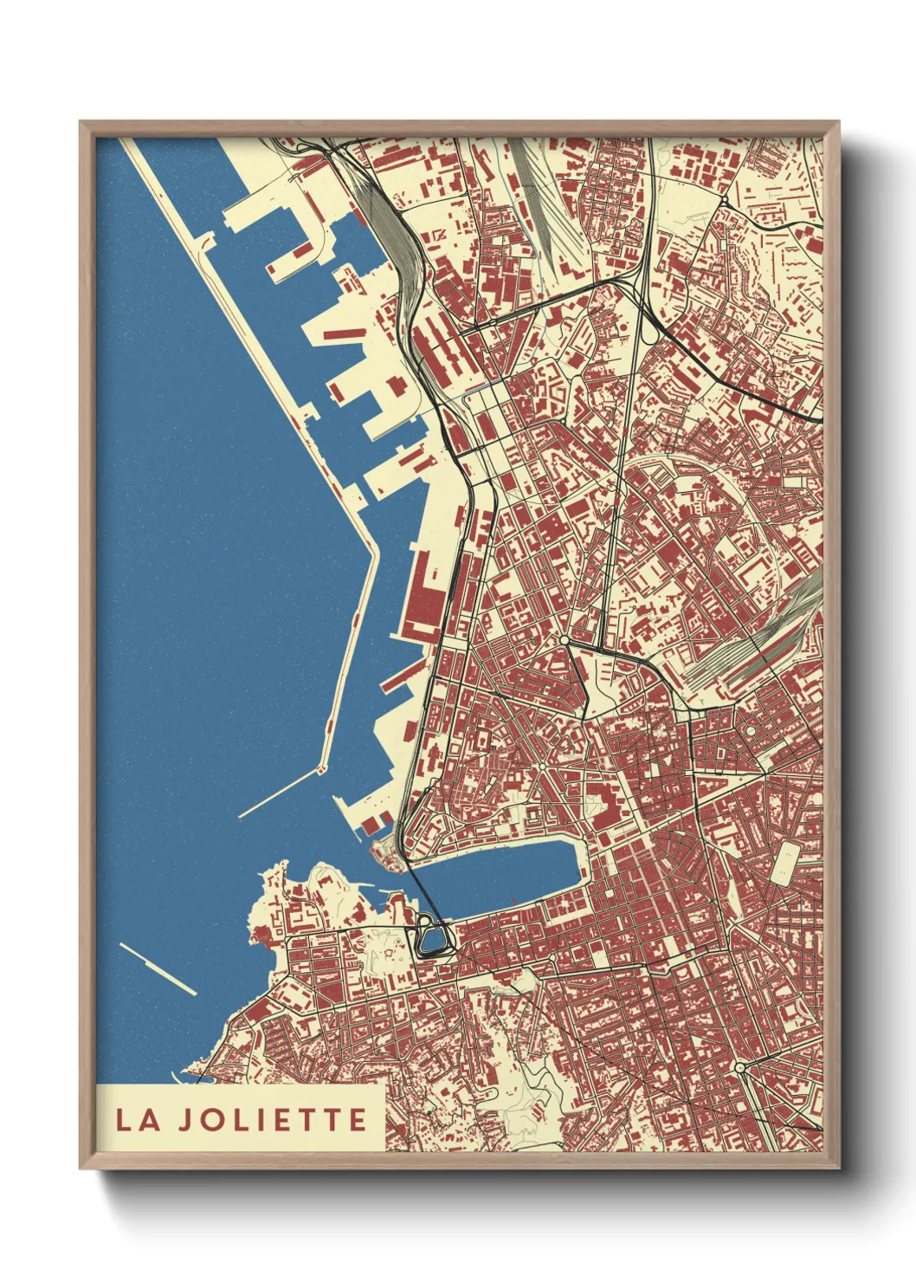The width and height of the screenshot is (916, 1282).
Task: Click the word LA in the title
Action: point(139,1119)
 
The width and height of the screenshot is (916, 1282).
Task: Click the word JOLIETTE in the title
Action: point(274,1119)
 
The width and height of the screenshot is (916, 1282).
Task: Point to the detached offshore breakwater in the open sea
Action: point(158,968)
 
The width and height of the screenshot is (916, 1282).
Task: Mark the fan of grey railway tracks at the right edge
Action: point(762,641)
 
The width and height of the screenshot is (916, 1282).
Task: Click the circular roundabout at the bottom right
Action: point(740,1068)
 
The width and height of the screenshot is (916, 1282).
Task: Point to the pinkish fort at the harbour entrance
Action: point(382,854)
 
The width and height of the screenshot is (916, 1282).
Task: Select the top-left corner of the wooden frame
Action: point(82,124)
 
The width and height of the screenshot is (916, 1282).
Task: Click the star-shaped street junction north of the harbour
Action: point(542,766)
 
